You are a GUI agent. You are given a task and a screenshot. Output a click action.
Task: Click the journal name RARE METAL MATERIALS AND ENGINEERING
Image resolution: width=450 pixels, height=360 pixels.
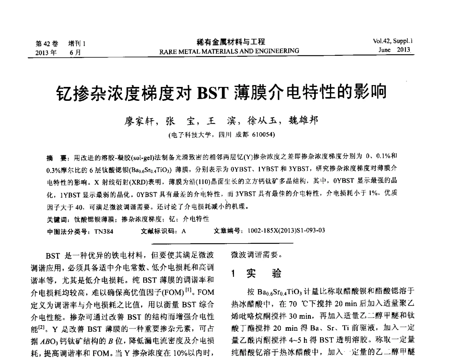[x=229, y=51]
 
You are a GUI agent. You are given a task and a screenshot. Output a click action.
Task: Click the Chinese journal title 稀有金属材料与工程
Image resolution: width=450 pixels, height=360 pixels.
[x=229, y=42]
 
